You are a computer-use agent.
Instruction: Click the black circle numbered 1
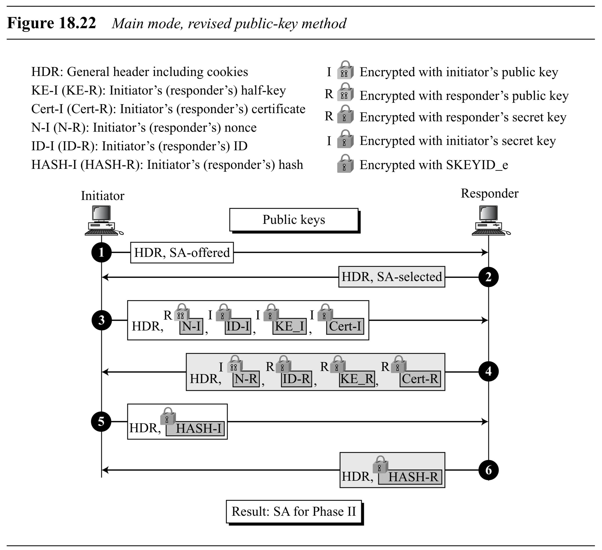click(x=101, y=253)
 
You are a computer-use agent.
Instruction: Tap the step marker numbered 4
click(x=488, y=371)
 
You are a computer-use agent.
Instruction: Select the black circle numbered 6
click(x=488, y=470)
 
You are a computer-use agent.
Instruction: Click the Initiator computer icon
click(x=102, y=220)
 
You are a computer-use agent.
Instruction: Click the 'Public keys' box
click(x=294, y=220)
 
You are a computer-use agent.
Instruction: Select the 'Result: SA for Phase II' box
click(x=294, y=511)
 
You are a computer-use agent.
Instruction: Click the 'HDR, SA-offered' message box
click(x=182, y=253)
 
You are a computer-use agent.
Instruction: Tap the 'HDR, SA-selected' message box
click(x=391, y=277)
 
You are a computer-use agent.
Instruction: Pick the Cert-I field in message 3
click(x=345, y=326)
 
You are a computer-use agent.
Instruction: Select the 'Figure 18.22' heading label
click(x=51, y=23)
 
